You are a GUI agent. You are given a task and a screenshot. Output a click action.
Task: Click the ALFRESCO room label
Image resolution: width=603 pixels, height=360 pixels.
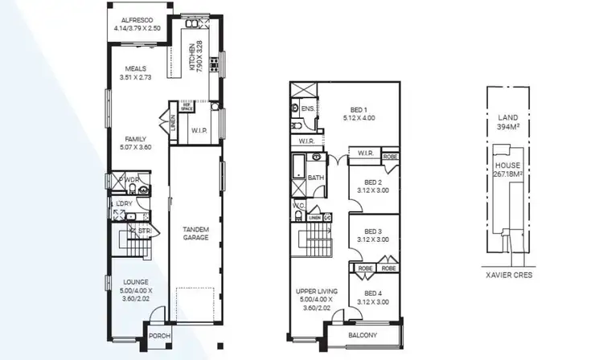(136, 19)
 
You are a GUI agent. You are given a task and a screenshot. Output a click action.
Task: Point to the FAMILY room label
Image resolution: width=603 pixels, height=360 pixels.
(133, 138)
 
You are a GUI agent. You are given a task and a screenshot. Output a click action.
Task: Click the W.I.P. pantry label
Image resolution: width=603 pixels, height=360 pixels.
(200, 130)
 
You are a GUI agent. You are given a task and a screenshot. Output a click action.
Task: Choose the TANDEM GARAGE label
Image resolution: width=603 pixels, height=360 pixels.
(195, 232)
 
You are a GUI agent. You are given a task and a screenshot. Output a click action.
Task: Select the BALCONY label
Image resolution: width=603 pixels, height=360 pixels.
(363, 335)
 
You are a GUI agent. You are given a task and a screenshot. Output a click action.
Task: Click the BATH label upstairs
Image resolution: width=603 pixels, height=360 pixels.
(315, 178)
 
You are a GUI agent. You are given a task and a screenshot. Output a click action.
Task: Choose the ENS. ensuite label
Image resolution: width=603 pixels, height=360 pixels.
(309, 108)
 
